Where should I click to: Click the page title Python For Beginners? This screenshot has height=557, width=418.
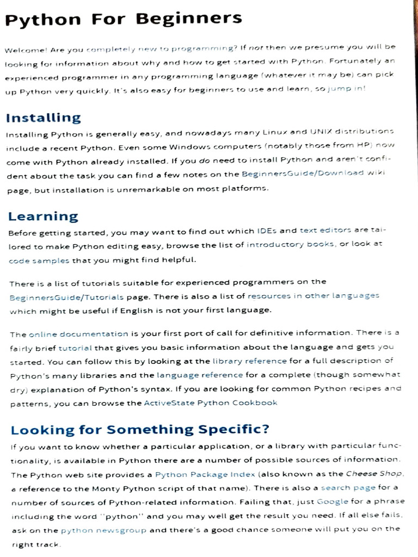point(123,20)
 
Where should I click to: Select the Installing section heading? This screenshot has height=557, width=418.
point(43,117)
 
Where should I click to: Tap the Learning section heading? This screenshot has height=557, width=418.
point(43,216)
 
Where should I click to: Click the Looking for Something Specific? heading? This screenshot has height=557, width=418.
point(140,430)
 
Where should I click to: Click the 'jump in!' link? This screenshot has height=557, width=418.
point(346,89)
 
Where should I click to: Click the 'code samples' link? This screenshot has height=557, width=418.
point(39,261)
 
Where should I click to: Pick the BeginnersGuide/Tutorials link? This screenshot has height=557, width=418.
point(67,297)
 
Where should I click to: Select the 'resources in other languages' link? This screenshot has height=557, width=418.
point(313,296)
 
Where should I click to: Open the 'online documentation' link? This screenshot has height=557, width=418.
point(78,333)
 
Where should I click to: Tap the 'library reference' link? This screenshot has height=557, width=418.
point(249,361)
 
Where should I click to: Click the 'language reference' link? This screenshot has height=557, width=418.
point(200,375)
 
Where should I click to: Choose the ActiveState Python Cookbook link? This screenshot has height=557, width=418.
point(211,403)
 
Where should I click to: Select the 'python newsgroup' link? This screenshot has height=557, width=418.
point(103,530)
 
